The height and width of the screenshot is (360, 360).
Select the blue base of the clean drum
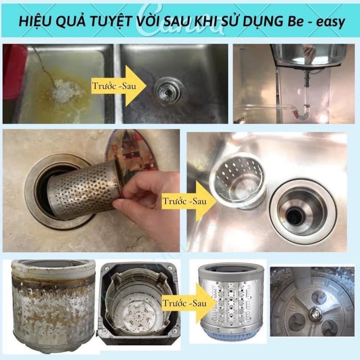(x=229, y=333)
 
